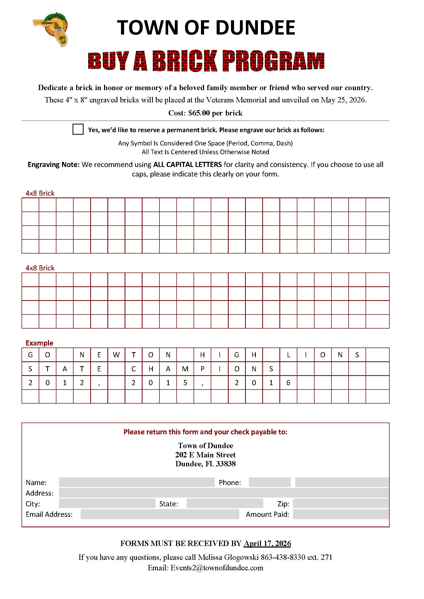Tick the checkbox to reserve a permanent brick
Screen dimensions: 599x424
78,129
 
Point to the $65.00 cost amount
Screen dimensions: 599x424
199,113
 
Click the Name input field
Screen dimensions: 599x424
137,482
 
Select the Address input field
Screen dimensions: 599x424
224,493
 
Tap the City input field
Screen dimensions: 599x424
107,503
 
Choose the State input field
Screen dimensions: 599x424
225,503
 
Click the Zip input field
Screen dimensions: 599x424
341,503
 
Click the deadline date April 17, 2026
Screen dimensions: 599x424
267,543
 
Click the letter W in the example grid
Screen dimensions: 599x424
116,355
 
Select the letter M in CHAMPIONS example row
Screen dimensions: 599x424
185,369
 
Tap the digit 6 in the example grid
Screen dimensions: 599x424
288,383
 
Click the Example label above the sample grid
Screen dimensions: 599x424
39,343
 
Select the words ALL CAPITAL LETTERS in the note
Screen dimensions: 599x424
187,165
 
